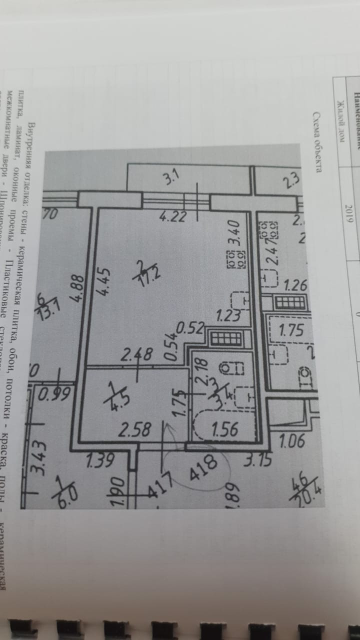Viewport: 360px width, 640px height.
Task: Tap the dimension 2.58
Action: pyautogui.click(x=135, y=430)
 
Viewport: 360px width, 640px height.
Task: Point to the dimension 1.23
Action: pyautogui.click(x=228, y=315)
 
